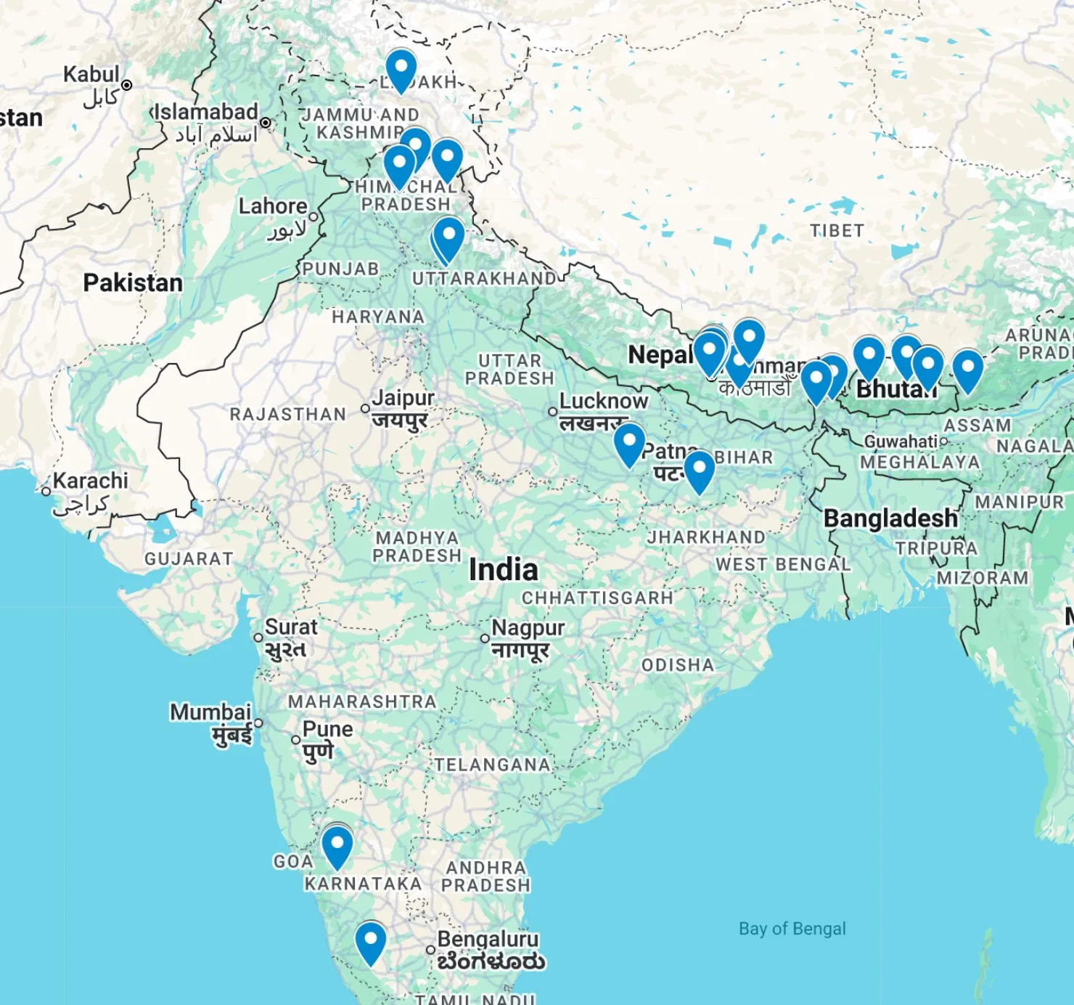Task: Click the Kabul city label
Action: pos(91,74)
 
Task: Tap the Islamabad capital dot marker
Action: pos(266,123)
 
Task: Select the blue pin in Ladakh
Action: pos(401,69)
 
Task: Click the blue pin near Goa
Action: pos(337,846)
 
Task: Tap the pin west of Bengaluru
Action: pos(371,943)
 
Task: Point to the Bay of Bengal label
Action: pos(792,929)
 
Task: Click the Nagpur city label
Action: pos(528,627)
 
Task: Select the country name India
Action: pos(503,570)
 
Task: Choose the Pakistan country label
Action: pos(133,282)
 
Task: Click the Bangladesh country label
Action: pos(890,518)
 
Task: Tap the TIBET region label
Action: pos(837,231)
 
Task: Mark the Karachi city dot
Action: pos(46,492)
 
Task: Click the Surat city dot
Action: pos(258,638)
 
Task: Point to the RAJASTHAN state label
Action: pos(288,415)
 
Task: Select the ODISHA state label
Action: pos(677,665)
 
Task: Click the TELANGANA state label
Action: pos(492,765)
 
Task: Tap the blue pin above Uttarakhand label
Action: pos(448,237)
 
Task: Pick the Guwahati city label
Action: pos(900,442)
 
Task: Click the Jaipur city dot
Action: pos(365,409)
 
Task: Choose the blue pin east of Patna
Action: pos(700,471)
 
